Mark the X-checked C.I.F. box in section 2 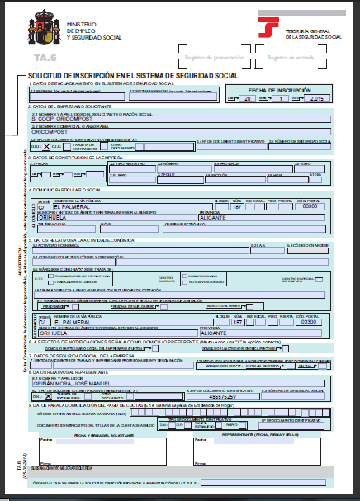click(x=47, y=144)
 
